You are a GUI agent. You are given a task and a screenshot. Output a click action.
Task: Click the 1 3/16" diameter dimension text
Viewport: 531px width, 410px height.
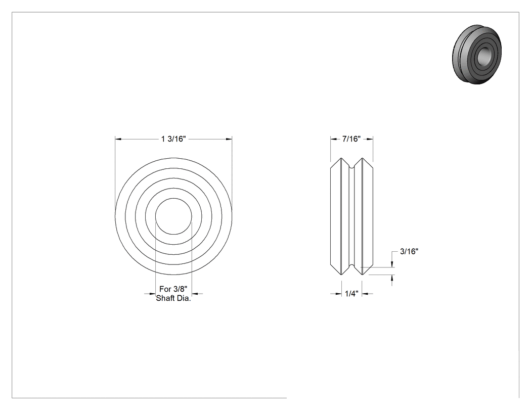click(x=173, y=139)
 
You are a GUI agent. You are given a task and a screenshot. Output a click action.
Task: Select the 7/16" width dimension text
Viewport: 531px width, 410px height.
click(x=351, y=139)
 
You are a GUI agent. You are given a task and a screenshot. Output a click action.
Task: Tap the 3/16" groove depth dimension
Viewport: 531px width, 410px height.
click(x=409, y=252)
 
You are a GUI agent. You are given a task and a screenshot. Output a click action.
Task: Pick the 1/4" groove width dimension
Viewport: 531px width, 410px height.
click(x=351, y=294)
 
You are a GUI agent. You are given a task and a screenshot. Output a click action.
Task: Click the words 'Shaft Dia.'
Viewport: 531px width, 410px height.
click(x=173, y=298)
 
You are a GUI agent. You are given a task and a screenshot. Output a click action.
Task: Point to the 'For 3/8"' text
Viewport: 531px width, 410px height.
click(x=173, y=289)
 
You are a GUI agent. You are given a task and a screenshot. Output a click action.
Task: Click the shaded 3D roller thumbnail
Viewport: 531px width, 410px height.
click(x=477, y=54)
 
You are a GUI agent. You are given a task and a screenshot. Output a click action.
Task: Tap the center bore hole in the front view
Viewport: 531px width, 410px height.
click(x=173, y=216)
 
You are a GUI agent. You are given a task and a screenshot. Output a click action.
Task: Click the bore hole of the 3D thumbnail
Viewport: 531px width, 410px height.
click(x=483, y=55)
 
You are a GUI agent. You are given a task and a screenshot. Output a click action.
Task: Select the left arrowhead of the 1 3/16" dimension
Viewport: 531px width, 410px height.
click(x=118, y=139)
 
